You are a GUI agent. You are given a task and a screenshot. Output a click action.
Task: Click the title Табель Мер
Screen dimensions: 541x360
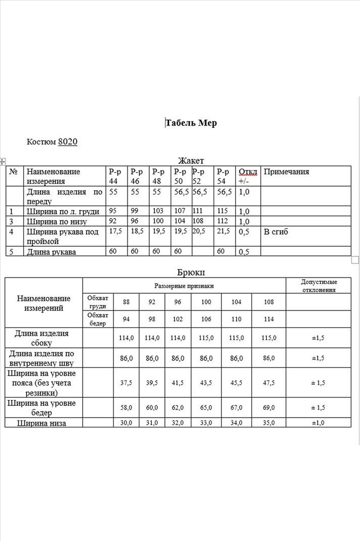pos(191,123)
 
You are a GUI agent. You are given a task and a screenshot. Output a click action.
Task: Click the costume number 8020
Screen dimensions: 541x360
pos(68,142)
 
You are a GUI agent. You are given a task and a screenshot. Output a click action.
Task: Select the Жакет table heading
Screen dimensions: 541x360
pos(190,160)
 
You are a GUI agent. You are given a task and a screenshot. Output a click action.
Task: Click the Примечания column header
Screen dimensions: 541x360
pos(286,171)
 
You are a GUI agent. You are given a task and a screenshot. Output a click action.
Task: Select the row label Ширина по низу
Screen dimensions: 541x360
pos(57,221)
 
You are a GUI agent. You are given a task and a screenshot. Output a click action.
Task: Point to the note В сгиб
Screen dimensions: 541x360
pos(276,232)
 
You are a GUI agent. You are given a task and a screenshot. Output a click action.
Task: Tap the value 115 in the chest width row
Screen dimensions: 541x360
pos(222,211)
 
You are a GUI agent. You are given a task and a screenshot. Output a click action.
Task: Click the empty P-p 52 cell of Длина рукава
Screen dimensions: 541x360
pos(202,252)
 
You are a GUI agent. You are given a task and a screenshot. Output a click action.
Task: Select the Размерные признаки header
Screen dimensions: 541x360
pos(184,285)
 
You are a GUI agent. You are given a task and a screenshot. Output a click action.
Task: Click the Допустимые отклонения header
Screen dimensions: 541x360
pos(319,286)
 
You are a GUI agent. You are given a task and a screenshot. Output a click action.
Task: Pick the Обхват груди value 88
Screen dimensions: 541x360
pos(126,302)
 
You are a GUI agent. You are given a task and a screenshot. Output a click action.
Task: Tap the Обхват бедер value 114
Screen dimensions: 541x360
pos(268,319)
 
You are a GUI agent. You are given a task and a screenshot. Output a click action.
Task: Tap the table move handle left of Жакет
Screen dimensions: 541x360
pos(3,161)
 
